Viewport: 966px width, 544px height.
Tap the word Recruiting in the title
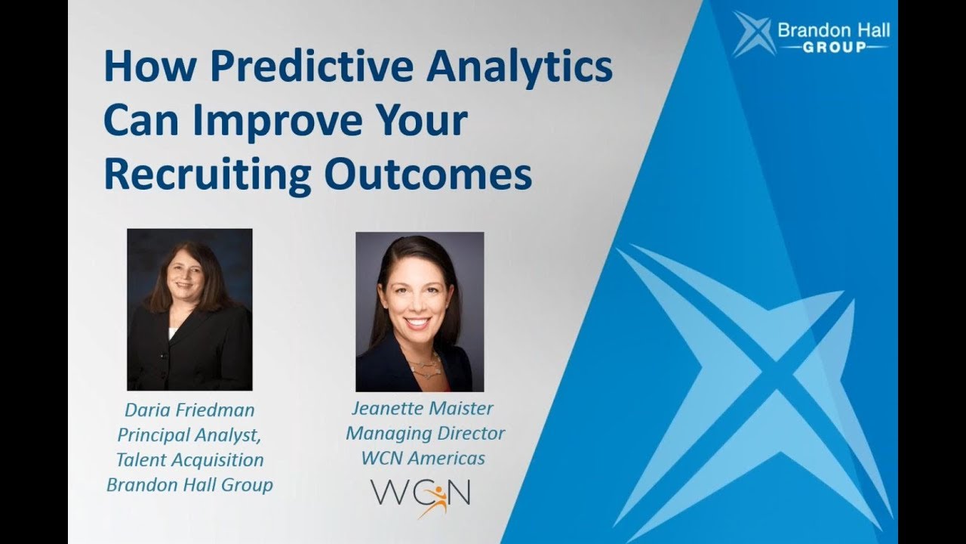[207, 174]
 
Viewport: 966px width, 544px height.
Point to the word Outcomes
[428, 174]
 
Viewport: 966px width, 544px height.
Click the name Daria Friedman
[189, 410]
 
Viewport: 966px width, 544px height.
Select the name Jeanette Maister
[422, 409]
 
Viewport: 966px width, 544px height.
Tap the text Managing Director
[425, 434]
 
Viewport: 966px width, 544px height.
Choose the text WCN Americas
[423, 458]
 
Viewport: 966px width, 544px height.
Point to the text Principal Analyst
[189, 435]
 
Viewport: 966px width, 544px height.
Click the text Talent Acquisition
[189, 459]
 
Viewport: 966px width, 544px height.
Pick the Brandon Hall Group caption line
[189, 484]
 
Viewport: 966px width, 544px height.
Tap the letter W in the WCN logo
[389, 493]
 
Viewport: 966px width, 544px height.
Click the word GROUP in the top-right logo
[834, 48]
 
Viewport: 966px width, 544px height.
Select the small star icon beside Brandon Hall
[753, 34]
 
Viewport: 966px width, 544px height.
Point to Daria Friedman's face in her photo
[184, 279]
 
